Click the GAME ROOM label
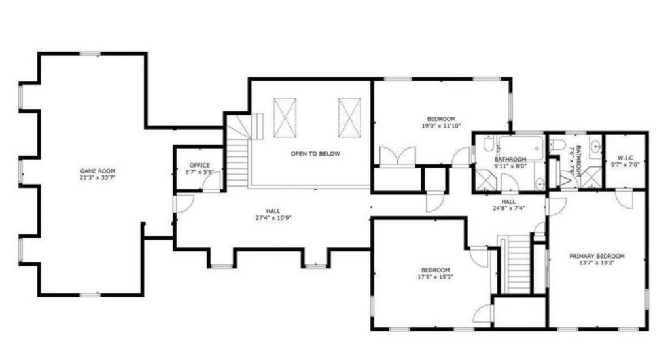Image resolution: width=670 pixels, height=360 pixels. click(x=98, y=171)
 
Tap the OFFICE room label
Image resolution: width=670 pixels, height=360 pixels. click(x=200, y=165)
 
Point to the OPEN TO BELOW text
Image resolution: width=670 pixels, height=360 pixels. click(x=315, y=154)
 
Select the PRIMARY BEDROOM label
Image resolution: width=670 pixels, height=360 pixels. click(x=597, y=256)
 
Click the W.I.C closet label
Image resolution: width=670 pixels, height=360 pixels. click(x=625, y=158)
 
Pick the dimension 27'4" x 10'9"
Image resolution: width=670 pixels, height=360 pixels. click(x=273, y=217)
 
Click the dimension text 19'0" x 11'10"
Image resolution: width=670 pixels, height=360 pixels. click(x=442, y=126)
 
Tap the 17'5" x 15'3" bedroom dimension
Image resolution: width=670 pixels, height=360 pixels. click(x=435, y=277)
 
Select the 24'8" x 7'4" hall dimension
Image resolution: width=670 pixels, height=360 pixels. click(x=508, y=208)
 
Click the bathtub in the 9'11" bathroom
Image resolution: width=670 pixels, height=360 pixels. click(x=520, y=147)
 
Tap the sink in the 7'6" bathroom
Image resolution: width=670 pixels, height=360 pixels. click(x=595, y=147)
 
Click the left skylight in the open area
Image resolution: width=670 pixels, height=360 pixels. click(x=285, y=118)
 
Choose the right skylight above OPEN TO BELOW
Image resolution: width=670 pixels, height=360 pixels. click(x=349, y=118)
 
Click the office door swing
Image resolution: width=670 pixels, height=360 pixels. click(x=211, y=183)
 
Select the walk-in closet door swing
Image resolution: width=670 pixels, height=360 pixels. click(x=624, y=199)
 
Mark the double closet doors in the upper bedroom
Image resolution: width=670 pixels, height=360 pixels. click(x=397, y=156)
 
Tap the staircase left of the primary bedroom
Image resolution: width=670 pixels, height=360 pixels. click(x=518, y=265)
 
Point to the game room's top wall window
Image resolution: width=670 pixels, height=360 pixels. click(x=90, y=54)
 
